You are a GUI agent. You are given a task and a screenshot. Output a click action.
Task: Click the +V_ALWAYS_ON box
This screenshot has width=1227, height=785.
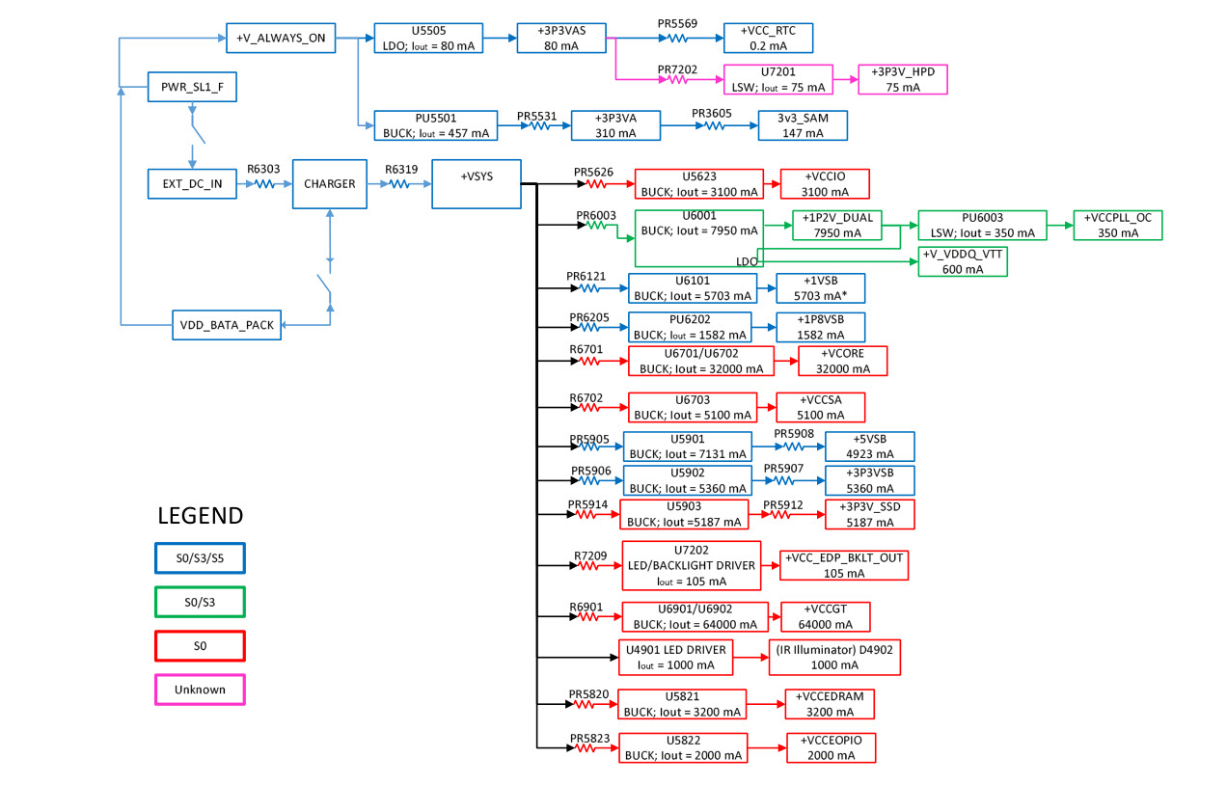click(x=282, y=39)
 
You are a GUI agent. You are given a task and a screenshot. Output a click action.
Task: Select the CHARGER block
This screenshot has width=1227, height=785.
click(x=330, y=183)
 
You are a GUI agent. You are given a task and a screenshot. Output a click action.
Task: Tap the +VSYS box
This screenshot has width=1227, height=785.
click(x=477, y=183)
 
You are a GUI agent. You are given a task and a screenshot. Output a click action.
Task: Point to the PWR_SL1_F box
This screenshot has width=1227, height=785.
click(x=192, y=87)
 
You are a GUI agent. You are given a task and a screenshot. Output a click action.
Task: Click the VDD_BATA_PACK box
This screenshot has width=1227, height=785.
click(x=228, y=325)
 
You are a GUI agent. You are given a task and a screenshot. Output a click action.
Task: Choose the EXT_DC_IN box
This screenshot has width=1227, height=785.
click(x=192, y=184)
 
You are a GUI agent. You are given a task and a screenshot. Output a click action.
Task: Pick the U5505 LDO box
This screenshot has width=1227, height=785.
click(x=427, y=39)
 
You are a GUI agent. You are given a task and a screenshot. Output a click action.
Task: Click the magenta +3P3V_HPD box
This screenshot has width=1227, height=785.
click(x=903, y=79)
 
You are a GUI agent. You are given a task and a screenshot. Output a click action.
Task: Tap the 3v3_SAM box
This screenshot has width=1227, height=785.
click(x=802, y=125)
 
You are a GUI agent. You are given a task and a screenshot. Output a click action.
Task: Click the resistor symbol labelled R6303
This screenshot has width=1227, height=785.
click(x=263, y=183)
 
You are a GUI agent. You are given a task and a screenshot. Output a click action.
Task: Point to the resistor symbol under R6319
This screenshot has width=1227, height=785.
click(x=400, y=183)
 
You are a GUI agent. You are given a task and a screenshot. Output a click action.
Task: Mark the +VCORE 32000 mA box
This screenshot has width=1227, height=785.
click(x=842, y=361)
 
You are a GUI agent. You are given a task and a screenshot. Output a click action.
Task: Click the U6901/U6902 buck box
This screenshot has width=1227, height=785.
click(x=695, y=617)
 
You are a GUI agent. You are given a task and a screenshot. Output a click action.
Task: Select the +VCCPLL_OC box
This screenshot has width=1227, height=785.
click(x=1118, y=225)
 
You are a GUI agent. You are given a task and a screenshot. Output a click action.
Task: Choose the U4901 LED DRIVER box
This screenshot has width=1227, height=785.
click(x=674, y=658)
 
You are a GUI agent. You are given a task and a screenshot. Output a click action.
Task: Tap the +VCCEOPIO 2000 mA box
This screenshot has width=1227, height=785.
click(x=831, y=748)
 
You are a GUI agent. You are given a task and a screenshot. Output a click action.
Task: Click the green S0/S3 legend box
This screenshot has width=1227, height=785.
click(x=200, y=601)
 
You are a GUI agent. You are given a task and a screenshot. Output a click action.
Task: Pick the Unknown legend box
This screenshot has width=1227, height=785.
click(x=200, y=690)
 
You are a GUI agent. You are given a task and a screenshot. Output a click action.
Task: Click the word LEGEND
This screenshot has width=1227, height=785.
click(x=201, y=516)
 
